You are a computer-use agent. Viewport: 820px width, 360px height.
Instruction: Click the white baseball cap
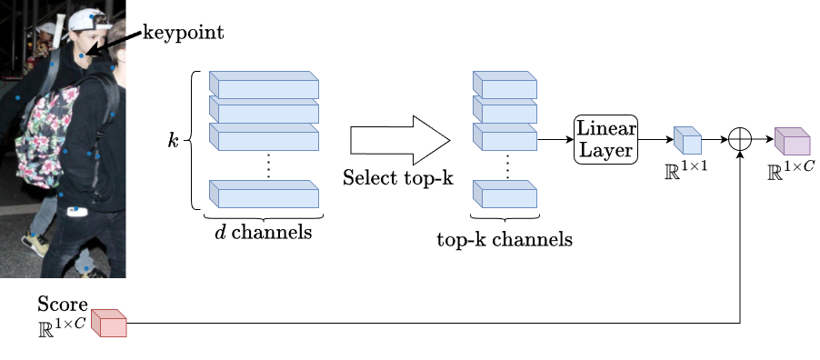coord(86,19)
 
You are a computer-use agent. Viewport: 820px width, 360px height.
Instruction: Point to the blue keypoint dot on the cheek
coord(81,56)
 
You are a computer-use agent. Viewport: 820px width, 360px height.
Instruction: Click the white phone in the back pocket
coord(77,212)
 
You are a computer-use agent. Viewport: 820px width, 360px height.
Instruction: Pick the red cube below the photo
coord(108,323)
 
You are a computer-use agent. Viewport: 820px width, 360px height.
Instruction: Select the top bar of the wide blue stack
coord(264,85)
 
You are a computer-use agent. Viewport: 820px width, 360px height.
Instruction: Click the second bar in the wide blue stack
coord(264,110)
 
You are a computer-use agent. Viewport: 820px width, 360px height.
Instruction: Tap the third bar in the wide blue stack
coord(264,136)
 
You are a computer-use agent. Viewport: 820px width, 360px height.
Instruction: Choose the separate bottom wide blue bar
coord(264,194)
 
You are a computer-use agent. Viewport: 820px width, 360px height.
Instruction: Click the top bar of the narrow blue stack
coord(505,85)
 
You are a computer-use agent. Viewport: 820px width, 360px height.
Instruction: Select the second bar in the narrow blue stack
coord(505,110)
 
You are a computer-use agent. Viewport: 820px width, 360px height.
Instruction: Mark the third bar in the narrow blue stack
coord(505,136)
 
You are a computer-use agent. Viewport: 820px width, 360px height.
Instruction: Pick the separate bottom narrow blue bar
coord(505,194)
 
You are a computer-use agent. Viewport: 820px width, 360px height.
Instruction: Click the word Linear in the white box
coord(606,128)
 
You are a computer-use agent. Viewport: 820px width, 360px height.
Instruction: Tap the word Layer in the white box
coord(606,150)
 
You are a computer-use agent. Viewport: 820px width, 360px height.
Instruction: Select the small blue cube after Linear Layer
coord(687,140)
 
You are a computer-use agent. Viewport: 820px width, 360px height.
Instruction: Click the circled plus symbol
coord(740,139)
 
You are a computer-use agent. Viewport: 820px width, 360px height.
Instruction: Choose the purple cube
coord(792,141)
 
